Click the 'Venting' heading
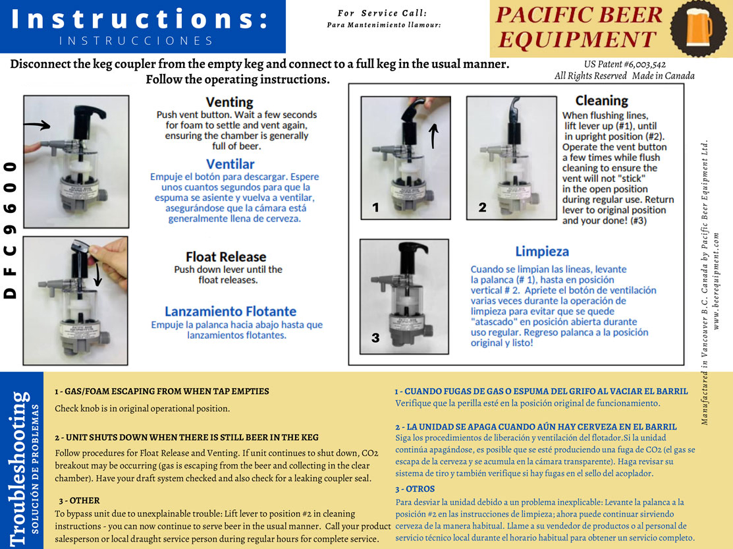pyautogui.click(x=229, y=102)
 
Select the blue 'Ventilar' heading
pyautogui.click(x=230, y=164)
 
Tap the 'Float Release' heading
pyautogui.click(x=226, y=256)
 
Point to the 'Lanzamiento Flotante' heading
pyautogui.click(x=231, y=311)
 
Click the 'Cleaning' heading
pyautogui.click(x=601, y=100)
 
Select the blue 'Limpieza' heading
pyautogui.click(x=542, y=251)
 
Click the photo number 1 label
pyautogui.click(x=375, y=208)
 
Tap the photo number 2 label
pyautogui.click(x=482, y=208)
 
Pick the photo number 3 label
pyautogui.click(x=375, y=338)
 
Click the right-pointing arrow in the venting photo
pyautogui.click(x=40, y=125)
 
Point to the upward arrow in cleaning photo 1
pyautogui.click(x=433, y=135)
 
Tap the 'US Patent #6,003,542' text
pyautogui.click(x=624, y=65)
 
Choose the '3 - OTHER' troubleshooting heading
pyautogui.click(x=79, y=500)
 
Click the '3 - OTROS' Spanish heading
pyautogui.click(x=415, y=489)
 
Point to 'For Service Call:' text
pyautogui.click(x=382, y=13)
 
